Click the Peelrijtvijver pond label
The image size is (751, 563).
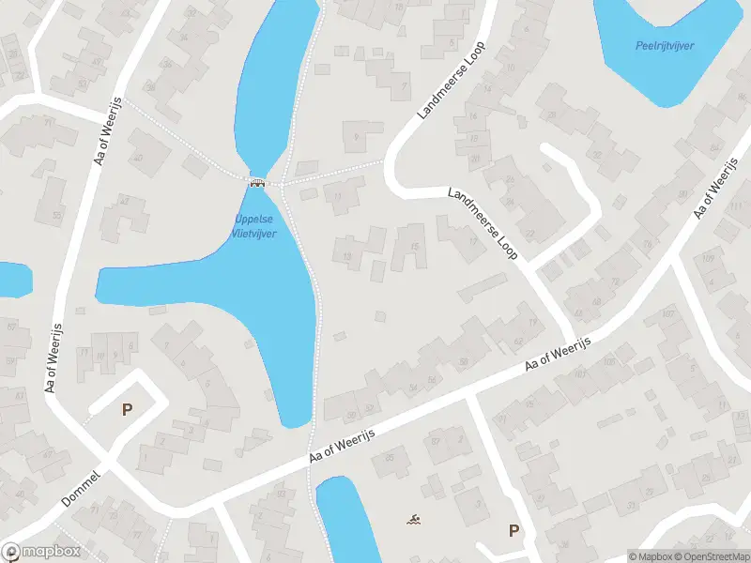664,45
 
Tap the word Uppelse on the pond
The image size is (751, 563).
253,221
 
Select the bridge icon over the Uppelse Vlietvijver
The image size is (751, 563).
255,182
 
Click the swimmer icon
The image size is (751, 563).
412,519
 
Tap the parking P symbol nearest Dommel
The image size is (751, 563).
126,409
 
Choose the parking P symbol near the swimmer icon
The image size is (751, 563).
513,530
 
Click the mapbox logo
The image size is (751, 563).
41,552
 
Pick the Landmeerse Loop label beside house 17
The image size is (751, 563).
483,223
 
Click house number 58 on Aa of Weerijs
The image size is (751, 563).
432,378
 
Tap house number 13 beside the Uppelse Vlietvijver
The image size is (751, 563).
348,256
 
